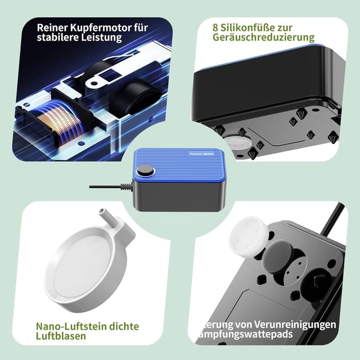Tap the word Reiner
click(53, 26)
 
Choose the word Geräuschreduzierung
click(264, 38)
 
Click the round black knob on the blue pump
click(146, 170)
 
